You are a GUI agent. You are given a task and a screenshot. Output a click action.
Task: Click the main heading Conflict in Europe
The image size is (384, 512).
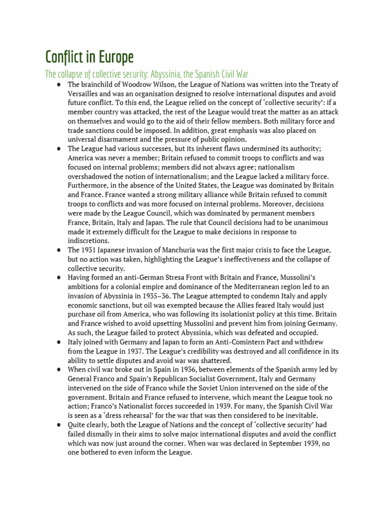click(x=89, y=56)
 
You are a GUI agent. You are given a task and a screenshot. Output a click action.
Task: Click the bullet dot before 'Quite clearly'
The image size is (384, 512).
click(x=59, y=425)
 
